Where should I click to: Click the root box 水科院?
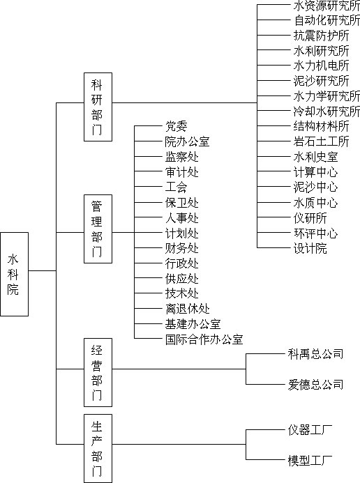tap(14, 274)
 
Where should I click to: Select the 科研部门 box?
tap(98, 107)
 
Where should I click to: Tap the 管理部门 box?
tap(98, 229)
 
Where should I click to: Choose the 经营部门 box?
tap(98, 372)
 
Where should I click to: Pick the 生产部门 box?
tap(98, 449)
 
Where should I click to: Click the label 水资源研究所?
tap(327, 6)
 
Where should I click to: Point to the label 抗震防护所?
tap(321, 36)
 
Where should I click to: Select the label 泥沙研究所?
tap(321, 81)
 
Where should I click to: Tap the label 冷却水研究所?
tap(327, 111)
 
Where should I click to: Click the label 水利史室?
tap(315, 157)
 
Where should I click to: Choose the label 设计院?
tap(310, 248)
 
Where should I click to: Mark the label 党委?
tap(177, 126)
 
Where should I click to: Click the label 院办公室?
tap(188, 141)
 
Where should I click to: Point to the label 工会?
tap(177, 187)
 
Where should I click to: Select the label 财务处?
tap(182, 248)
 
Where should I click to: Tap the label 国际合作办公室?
tap(204, 339)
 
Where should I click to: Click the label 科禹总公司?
tap(315, 354)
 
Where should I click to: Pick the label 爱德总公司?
tap(315, 385)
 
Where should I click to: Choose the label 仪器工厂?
tap(310, 430)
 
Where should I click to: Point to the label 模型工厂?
tap(310, 460)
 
